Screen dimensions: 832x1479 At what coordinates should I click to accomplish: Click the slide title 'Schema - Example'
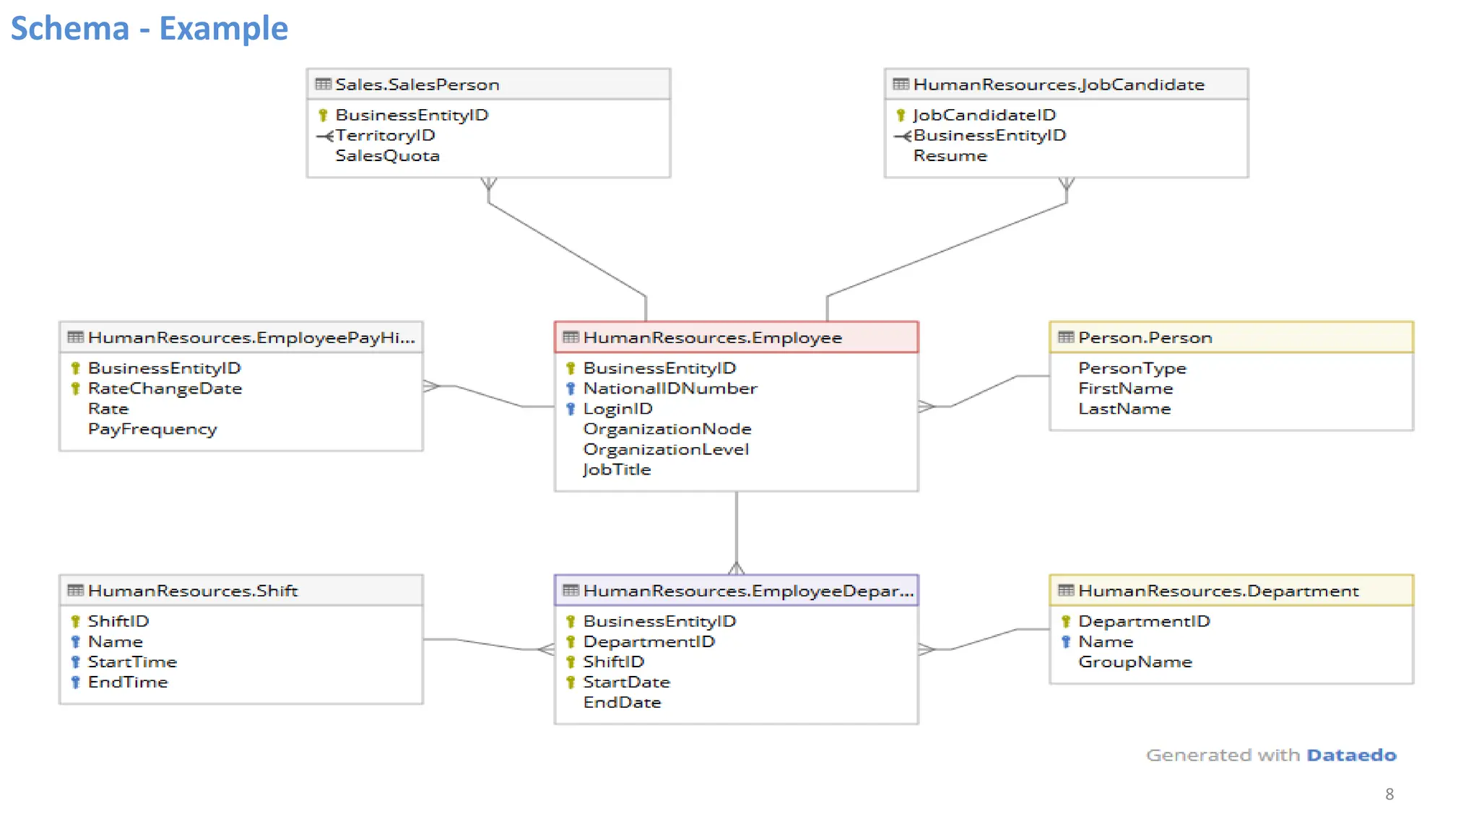tap(149, 29)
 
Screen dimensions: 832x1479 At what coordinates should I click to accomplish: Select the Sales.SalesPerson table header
tap(417, 84)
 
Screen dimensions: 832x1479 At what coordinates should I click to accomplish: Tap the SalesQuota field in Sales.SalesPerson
tap(387, 156)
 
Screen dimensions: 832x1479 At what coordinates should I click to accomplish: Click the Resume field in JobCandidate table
tap(950, 156)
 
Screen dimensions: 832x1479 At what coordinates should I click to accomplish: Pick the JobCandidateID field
tap(984, 116)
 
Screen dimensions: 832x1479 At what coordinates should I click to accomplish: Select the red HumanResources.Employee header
tap(712, 338)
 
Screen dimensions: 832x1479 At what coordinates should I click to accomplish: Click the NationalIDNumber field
tap(669, 389)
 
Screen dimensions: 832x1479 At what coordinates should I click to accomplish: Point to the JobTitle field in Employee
tap(617, 469)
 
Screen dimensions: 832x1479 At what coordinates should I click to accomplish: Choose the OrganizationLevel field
tap(666, 449)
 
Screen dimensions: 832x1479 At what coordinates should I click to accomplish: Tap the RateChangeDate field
tap(165, 389)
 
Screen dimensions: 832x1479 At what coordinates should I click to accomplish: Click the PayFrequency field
tap(152, 429)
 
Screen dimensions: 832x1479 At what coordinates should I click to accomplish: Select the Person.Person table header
tap(1145, 338)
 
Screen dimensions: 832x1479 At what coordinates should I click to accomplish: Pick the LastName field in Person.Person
tap(1124, 409)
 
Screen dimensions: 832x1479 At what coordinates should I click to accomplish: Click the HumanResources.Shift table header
tap(193, 591)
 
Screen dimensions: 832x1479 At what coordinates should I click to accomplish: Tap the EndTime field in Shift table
tap(128, 682)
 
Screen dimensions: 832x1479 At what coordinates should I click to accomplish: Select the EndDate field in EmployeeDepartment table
tap(622, 703)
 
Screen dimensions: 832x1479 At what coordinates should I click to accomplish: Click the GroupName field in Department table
tap(1135, 662)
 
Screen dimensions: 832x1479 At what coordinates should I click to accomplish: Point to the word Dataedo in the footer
tap(1351, 755)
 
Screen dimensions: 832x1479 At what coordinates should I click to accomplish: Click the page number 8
tap(1389, 794)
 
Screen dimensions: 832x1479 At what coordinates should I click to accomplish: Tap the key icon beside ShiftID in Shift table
tap(75, 621)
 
